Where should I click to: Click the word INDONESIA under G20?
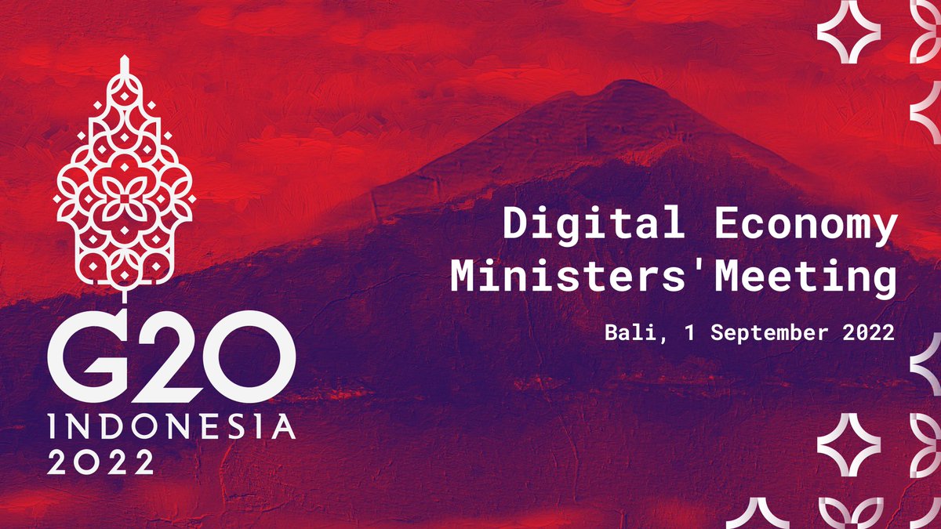pos(171,427)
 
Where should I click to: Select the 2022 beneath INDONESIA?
pos(100,462)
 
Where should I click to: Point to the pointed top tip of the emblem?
pos(124,60)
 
